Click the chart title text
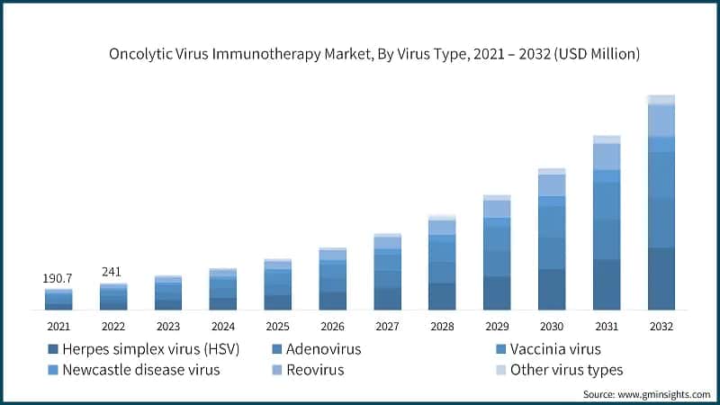tap(374, 54)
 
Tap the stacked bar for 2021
tap(58, 300)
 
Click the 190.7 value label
tap(58, 279)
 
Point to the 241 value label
tap(113, 272)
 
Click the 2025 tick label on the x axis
tap(277, 326)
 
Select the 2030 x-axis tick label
tap(552, 326)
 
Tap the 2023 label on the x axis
tap(168, 326)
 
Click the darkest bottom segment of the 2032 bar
tap(661, 279)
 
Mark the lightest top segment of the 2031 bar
tap(607, 139)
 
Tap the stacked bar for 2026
tap(332, 279)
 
